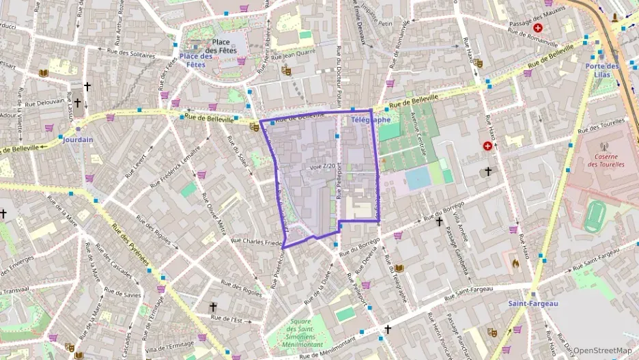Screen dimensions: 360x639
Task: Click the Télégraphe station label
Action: [x=371, y=120]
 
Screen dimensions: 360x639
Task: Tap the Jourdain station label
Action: [x=78, y=139]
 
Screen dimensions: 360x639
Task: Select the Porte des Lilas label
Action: [x=601, y=70]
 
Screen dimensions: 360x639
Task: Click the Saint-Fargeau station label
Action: [x=532, y=303]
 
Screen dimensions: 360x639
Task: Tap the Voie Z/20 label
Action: [x=322, y=166]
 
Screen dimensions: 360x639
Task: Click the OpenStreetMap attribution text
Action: [x=603, y=350]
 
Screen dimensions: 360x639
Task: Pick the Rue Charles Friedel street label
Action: [x=257, y=241]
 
